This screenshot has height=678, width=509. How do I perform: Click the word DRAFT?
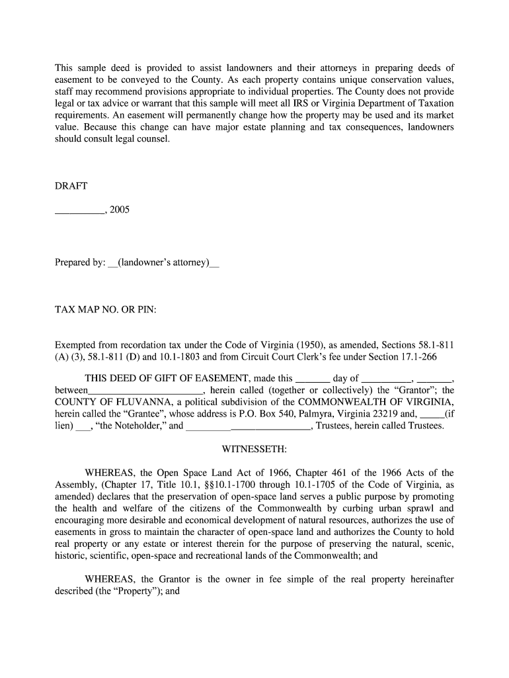pyautogui.click(x=71, y=186)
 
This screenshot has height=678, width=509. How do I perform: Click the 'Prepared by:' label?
pyautogui.click(x=80, y=262)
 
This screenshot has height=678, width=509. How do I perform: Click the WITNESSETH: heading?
pyautogui.click(x=255, y=449)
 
